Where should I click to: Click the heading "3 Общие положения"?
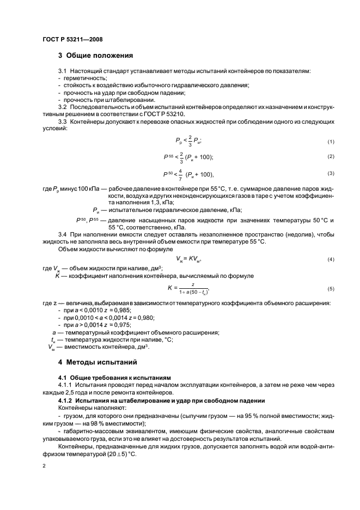pyautogui.click(x=95, y=55)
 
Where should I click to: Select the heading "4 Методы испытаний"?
pyautogui.click(x=97, y=362)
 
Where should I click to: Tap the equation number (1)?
pyautogui.click(x=330, y=142)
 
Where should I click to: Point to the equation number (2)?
pyautogui.click(x=330, y=157)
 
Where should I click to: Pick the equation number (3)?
pyautogui.click(x=330, y=173)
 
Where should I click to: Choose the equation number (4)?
pyautogui.click(x=330, y=259)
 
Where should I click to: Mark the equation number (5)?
pyautogui.click(x=330, y=288)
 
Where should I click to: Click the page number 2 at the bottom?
pyautogui.click(x=44, y=466)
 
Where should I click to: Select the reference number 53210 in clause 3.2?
pyautogui.click(x=174, y=114)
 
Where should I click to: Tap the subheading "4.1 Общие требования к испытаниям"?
pyautogui.click(x=114, y=377)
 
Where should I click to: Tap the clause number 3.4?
pyautogui.click(x=63, y=234)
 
